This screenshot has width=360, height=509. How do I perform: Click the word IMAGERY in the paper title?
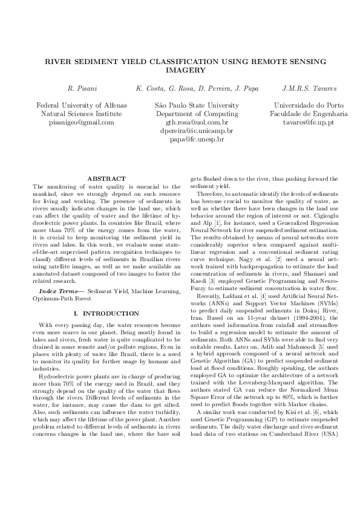point(180,70)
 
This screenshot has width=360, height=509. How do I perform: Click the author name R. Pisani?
point(79,89)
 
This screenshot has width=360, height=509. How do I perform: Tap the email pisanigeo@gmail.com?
point(81,122)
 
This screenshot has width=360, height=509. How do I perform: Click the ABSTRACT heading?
point(106,178)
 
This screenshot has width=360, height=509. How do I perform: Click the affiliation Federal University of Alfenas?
point(82,105)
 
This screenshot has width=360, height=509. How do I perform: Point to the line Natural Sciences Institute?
point(82,114)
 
